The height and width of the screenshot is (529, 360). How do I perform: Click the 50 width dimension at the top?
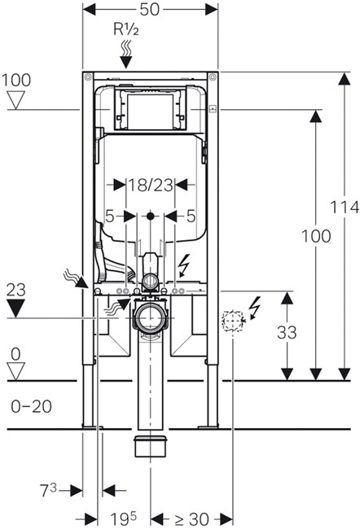(149, 10)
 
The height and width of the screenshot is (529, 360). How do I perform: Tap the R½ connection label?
(125, 29)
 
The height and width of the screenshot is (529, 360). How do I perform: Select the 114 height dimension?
(345, 207)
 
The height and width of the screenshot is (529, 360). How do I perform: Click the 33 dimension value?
(287, 333)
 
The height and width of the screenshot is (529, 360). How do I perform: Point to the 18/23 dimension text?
(151, 185)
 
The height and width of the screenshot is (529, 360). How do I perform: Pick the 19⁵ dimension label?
(123, 518)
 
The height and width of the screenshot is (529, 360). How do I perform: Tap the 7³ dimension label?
(48, 490)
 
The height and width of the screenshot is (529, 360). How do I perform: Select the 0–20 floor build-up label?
(32, 407)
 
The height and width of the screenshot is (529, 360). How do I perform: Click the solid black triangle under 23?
(15, 308)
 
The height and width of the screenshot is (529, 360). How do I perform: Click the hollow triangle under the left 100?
(15, 101)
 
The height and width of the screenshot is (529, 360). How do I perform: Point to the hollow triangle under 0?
(15, 371)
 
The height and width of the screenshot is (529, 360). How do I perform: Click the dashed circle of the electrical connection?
(233, 321)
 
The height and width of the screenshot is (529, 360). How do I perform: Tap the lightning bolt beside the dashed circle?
(254, 308)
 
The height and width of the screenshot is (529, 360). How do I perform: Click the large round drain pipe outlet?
(151, 317)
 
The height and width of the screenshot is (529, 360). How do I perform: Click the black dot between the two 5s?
(151, 216)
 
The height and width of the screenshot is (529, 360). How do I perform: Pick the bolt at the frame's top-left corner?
(88, 77)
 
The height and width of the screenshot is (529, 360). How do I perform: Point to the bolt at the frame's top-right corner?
(213, 77)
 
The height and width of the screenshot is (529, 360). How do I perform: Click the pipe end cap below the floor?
(151, 446)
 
